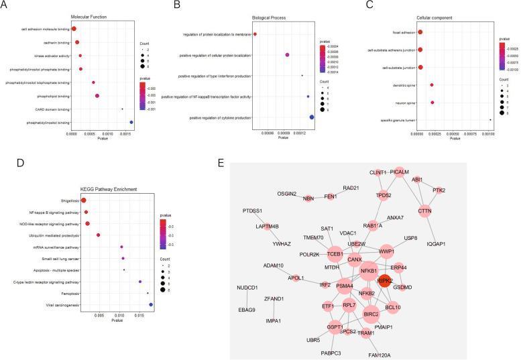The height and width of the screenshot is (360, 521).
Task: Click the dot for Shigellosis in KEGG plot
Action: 84,200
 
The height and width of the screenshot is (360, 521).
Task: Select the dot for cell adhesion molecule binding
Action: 74,29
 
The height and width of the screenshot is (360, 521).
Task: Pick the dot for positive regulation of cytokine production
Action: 312,117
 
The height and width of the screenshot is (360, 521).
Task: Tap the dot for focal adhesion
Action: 420,32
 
